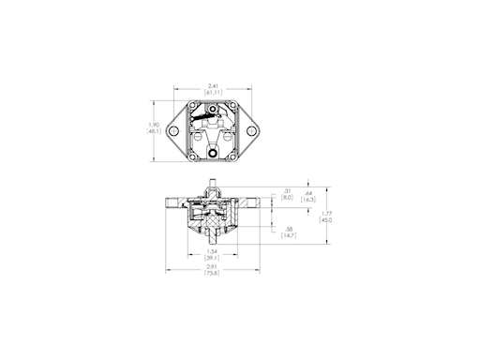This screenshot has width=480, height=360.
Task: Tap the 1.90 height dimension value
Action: click(x=155, y=124)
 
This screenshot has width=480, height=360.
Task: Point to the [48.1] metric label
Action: click(x=155, y=131)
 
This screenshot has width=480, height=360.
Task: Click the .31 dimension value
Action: click(x=287, y=191)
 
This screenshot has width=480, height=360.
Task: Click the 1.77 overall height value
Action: click(x=325, y=213)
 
